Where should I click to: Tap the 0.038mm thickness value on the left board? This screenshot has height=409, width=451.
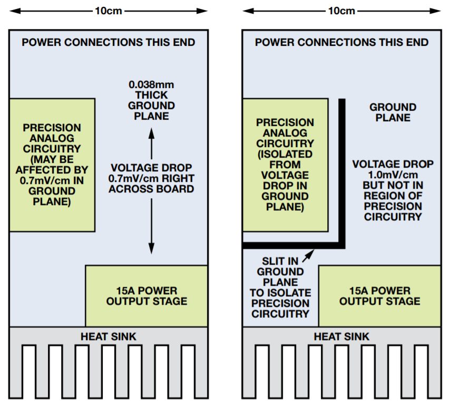(151, 84)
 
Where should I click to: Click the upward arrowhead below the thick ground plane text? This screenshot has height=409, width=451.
(151, 135)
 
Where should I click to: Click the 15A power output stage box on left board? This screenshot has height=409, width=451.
(146, 296)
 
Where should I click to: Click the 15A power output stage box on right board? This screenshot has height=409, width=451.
(380, 296)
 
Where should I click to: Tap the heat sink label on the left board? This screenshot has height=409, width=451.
(108, 336)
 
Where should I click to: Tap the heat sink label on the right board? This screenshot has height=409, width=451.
(341, 336)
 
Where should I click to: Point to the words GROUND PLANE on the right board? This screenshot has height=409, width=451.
(393, 112)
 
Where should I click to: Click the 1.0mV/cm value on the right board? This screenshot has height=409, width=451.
(393, 175)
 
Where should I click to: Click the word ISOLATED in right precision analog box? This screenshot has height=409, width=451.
(285, 154)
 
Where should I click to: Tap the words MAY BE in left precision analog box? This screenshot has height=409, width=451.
(52, 159)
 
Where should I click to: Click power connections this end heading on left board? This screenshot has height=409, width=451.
(108, 43)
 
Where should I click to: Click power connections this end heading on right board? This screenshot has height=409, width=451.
(341, 43)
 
